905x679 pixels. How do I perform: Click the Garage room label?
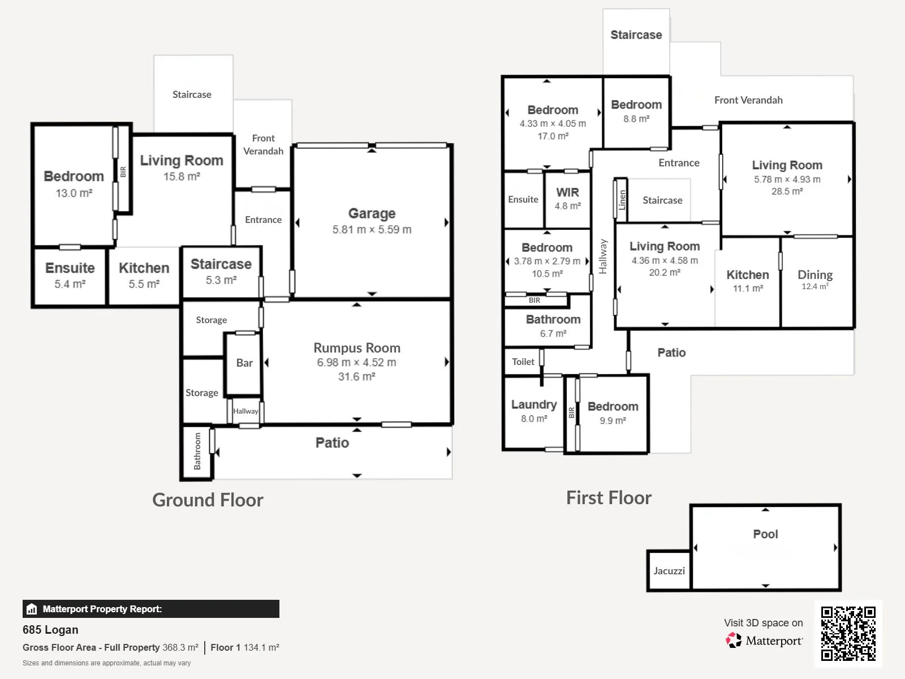[x=372, y=213]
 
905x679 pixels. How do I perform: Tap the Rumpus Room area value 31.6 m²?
[x=357, y=376]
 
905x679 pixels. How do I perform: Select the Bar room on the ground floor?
[x=244, y=363]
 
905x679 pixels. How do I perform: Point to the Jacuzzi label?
[x=669, y=571]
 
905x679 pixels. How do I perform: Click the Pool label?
[x=765, y=534]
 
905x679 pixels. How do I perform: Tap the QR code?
[x=848, y=634]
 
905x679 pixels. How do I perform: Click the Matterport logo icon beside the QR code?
[x=734, y=641]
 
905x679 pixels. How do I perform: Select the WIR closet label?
[x=567, y=192]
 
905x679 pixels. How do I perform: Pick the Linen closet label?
[x=622, y=200]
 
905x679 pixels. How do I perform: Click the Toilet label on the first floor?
[x=523, y=362]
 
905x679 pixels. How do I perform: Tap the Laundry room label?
[x=534, y=405]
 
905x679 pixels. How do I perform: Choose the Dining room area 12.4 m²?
[x=815, y=286]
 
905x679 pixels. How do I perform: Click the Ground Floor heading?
[x=208, y=500]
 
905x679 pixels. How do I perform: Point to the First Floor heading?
[x=609, y=497]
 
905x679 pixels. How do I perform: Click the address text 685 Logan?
[x=50, y=630]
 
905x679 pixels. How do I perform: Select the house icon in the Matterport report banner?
[x=32, y=609]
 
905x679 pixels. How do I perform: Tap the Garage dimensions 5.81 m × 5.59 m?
[x=372, y=229]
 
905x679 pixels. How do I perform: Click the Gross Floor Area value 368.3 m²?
[x=180, y=647]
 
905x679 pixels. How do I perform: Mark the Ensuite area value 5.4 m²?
[x=70, y=284]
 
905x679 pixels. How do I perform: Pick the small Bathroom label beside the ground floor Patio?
[x=197, y=452]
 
